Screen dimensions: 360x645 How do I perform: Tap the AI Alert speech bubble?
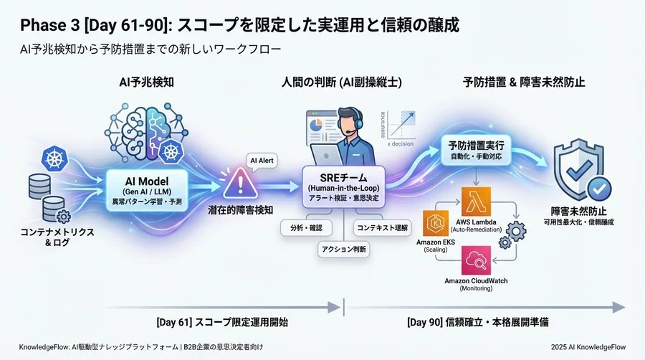(262, 161)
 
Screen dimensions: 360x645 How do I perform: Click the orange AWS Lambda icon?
(476, 202)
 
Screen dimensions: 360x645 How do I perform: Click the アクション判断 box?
(343, 249)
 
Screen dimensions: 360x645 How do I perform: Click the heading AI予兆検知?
(146, 82)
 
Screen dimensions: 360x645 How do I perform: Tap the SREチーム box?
(343, 183)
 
